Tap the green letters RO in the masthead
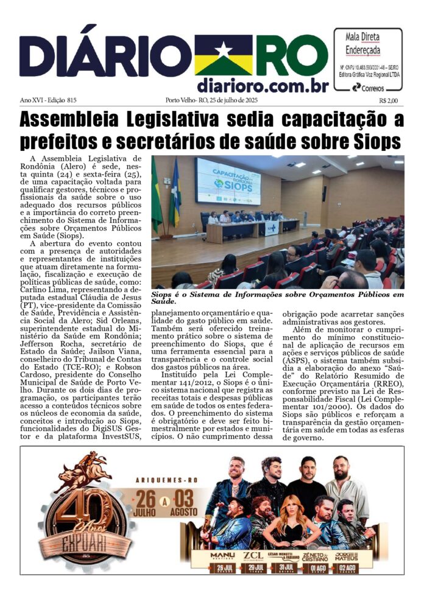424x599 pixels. pos(281,55)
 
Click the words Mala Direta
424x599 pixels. pos(368,35)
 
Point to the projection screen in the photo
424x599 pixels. pos(228,181)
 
